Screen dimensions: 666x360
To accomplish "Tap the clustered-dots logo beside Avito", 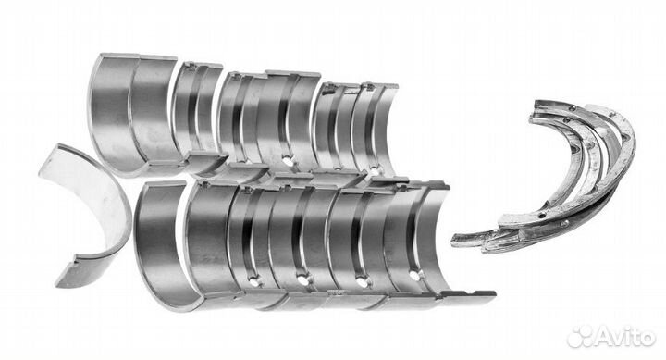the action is tap(580, 337).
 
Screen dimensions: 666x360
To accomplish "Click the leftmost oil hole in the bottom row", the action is tap(255, 281).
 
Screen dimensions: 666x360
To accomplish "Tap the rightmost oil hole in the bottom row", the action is tap(415, 276).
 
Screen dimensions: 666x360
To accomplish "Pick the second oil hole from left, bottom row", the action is tap(302, 281).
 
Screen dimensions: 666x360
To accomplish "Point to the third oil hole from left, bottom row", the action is tap(362, 281).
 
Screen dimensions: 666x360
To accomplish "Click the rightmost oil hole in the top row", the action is tap(375, 171).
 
